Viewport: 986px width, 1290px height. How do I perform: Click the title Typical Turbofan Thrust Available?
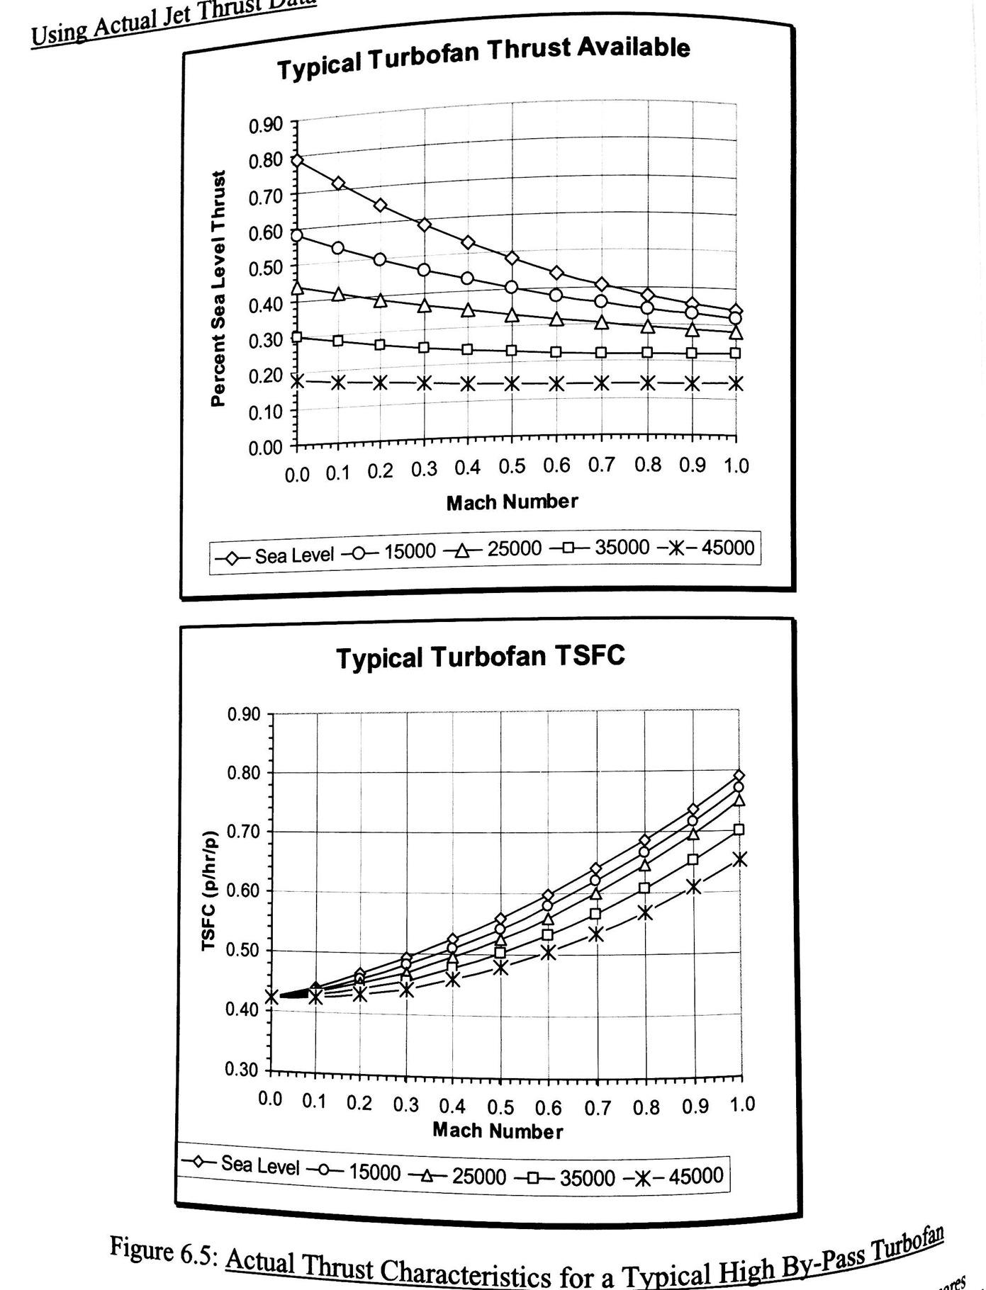(x=483, y=58)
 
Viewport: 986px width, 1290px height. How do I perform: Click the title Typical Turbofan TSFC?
(x=480, y=657)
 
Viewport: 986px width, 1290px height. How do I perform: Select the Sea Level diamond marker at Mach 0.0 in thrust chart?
(x=297, y=161)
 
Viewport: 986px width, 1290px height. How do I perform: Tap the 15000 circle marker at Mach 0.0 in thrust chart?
(x=297, y=235)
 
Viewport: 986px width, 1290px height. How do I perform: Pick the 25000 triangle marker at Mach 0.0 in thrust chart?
(x=297, y=288)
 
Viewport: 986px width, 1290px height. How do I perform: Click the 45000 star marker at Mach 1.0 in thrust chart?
(x=736, y=384)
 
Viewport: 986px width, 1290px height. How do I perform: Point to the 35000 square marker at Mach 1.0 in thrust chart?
(x=736, y=353)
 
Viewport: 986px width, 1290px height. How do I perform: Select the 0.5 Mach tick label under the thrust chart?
(x=512, y=467)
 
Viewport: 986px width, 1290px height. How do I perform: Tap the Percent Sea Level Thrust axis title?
(x=218, y=288)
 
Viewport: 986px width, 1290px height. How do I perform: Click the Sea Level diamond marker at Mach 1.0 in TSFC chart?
(x=739, y=776)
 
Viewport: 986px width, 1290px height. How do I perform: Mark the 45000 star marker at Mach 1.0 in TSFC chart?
(x=739, y=859)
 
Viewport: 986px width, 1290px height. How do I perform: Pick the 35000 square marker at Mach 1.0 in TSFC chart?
(x=739, y=830)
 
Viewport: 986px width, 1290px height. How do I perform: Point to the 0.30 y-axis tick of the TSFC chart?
(x=241, y=1069)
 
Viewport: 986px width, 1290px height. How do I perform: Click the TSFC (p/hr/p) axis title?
(x=208, y=890)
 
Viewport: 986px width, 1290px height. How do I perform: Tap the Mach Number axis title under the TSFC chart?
(x=498, y=1130)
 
